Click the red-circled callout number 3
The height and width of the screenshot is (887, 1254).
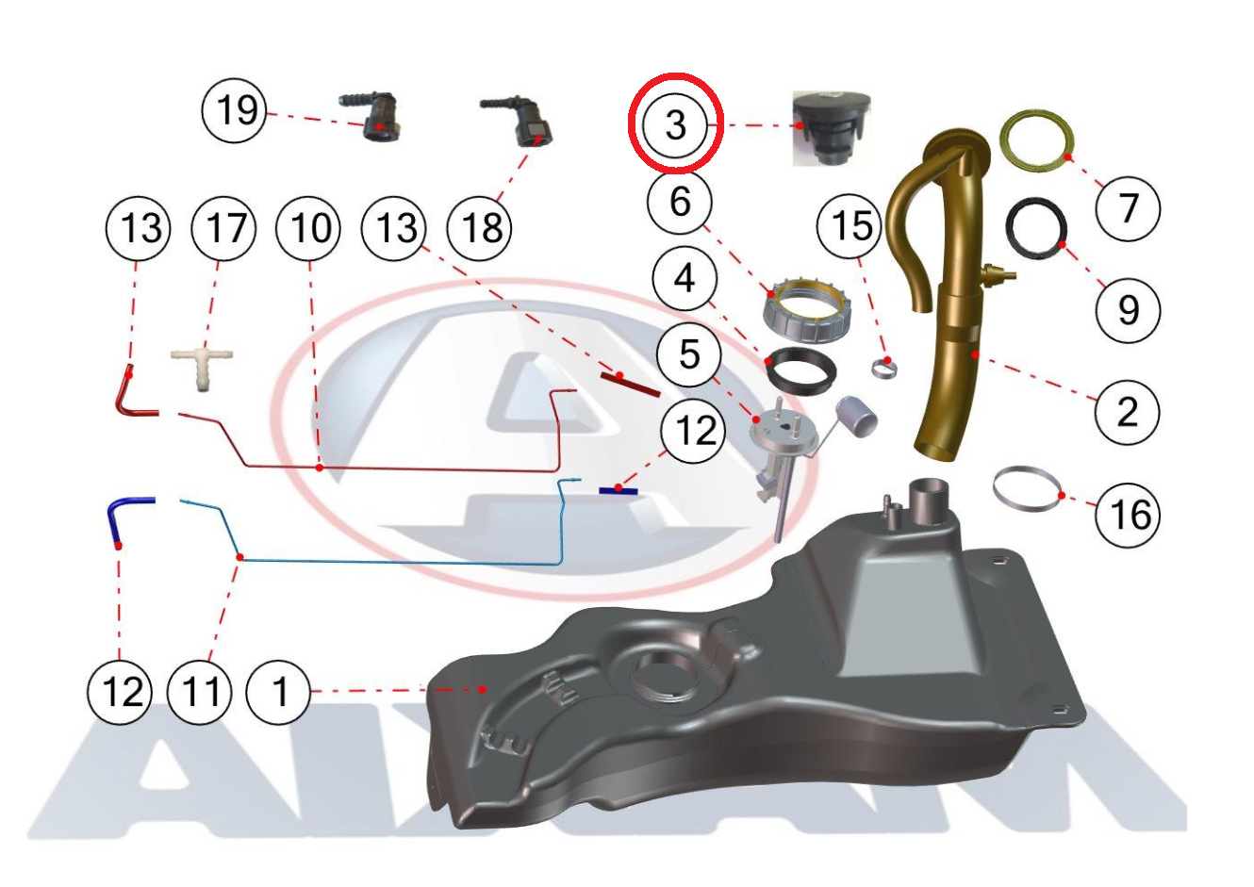[675, 124]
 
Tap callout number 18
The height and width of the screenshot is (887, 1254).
[479, 228]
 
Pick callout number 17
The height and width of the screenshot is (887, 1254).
[223, 228]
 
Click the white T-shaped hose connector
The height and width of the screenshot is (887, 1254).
[202, 367]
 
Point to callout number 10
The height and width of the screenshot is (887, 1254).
[308, 228]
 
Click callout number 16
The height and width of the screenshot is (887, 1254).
[1128, 515]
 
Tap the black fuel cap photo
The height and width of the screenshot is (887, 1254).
[832, 129]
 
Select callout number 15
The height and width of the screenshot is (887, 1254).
[849, 225]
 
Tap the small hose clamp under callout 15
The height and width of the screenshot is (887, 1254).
[884, 369]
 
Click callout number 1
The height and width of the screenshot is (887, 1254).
[278, 692]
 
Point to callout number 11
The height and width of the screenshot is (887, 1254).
[199, 692]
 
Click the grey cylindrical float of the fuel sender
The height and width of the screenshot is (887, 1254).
[856, 416]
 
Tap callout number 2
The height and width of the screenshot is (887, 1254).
[1128, 413]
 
